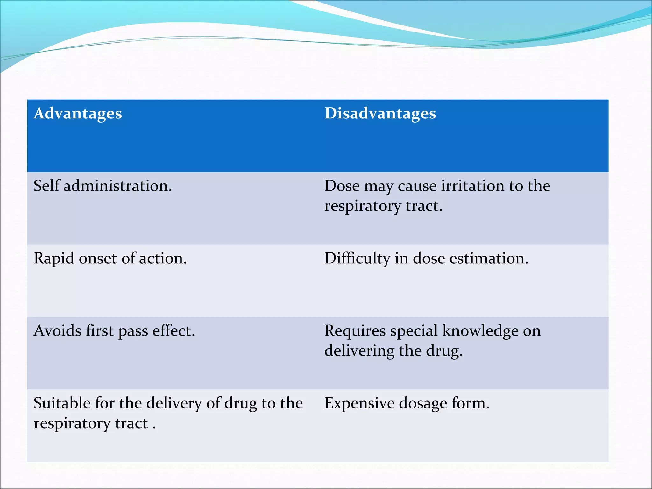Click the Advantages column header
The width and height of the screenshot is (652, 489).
(x=78, y=114)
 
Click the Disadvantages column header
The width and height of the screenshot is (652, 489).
(x=380, y=114)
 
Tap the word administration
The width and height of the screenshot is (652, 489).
(x=117, y=186)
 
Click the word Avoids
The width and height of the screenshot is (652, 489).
(x=57, y=331)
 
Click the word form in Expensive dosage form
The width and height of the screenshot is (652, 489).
(x=470, y=403)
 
